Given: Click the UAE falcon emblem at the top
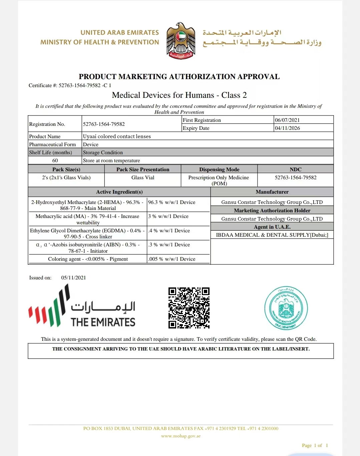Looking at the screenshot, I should pyautogui.click(x=181, y=41).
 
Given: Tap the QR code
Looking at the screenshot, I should pyautogui.click(x=189, y=308).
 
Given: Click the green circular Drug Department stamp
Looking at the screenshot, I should pyautogui.click(x=286, y=308).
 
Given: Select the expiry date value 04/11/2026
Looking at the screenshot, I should pyautogui.click(x=287, y=128).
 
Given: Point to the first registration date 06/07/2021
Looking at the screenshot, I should pyautogui.click(x=287, y=120).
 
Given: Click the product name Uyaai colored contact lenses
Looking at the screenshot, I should pyautogui.click(x=117, y=136).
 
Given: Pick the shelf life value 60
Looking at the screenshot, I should pyautogui.click(x=55, y=161).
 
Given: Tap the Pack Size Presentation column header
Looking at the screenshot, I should pyautogui.click(x=143, y=169).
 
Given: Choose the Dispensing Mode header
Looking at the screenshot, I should pyautogui.click(x=219, y=169).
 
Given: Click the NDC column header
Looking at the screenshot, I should pyautogui.click(x=296, y=169).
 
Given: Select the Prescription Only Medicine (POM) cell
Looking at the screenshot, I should pyautogui.click(x=219, y=180).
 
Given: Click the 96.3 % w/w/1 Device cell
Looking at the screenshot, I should pyautogui.click(x=172, y=202).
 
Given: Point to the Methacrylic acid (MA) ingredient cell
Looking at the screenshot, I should pyautogui.click(x=87, y=219).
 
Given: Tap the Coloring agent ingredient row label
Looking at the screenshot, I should pyautogui.click(x=88, y=259).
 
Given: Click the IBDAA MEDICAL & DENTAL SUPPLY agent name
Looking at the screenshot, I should pyautogui.click(x=272, y=235).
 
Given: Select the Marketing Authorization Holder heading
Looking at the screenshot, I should pyautogui.click(x=272, y=211).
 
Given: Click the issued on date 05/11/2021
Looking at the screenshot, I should pyautogui.click(x=73, y=278).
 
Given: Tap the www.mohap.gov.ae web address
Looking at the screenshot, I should pyautogui.click(x=181, y=436).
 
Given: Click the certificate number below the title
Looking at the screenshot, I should pyautogui.click(x=85, y=85).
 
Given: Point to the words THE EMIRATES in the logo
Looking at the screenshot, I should pyautogui.click(x=103, y=322).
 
